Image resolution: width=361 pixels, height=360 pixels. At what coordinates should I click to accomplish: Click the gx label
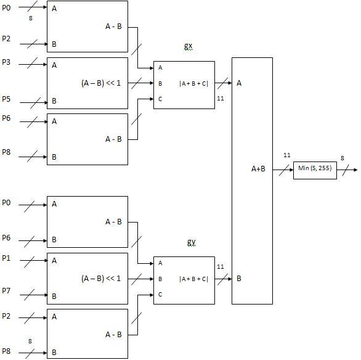pos(188,46)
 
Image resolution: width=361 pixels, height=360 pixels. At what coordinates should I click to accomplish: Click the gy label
pos(191,242)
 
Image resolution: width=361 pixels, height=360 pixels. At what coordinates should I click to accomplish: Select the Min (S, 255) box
pos(315,170)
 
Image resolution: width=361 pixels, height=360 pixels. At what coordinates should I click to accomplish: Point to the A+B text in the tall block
pos(258,169)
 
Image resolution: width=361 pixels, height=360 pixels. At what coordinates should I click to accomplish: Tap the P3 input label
pos(6,62)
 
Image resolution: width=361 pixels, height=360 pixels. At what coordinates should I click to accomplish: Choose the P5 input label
pos(6,99)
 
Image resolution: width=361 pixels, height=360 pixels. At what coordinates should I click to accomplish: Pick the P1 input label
pos(6,258)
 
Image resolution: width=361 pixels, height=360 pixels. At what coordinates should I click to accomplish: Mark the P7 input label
pos(6,291)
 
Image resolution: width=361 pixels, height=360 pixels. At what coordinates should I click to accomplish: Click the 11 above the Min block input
pos(287,155)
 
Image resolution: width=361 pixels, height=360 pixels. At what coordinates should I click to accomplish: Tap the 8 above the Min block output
pos(343,158)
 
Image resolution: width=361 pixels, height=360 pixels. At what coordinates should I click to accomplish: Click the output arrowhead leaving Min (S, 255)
pos(355,170)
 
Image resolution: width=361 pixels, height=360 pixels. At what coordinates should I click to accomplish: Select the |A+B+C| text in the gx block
pos(193,83)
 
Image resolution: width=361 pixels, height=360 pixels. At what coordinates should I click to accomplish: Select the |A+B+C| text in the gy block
pos(193,279)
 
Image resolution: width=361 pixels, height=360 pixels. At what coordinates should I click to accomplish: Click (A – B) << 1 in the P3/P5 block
pos(101,83)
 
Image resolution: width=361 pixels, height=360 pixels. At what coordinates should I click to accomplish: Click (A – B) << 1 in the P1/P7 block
pos(101,279)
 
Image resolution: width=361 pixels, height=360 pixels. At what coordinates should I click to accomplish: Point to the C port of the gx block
pos(160,99)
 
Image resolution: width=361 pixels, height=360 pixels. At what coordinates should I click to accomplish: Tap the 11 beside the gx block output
pos(221,99)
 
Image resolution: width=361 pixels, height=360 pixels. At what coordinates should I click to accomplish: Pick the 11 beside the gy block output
pos(221,267)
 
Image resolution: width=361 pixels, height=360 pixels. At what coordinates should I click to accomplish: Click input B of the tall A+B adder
pos(239,279)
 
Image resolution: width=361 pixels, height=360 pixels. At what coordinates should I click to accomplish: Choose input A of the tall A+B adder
pos(239,83)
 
